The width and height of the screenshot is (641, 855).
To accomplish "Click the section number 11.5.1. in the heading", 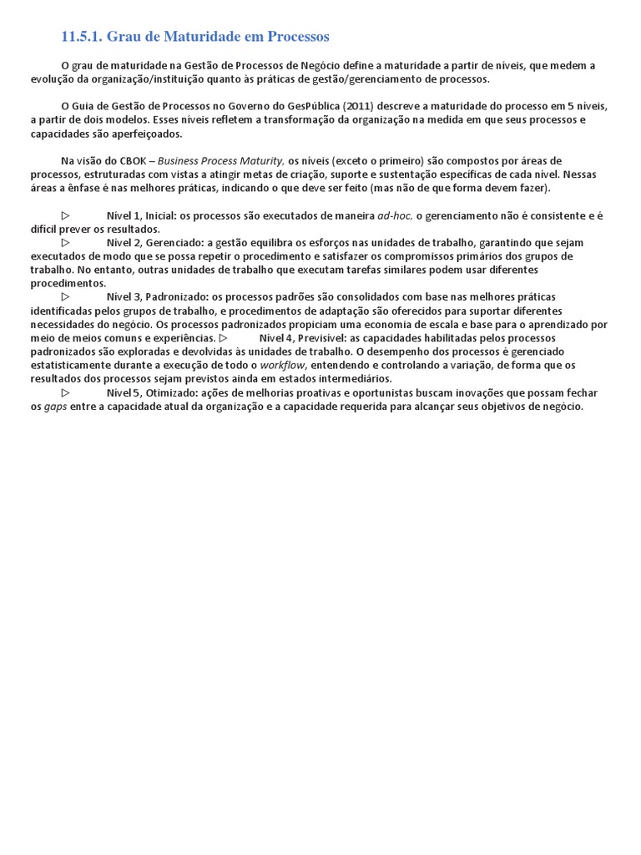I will click(x=83, y=37).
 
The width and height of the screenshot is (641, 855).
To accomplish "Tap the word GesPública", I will click(x=316, y=106).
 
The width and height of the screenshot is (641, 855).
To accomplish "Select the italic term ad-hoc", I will click(x=394, y=215).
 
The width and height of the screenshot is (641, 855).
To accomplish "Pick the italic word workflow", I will click(x=284, y=365).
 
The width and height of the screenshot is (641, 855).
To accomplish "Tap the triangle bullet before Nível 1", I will click(x=65, y=215).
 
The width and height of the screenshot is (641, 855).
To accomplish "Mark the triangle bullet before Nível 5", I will click(x=65, y=392).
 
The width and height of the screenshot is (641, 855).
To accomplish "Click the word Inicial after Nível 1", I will click(x=159, y=215).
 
